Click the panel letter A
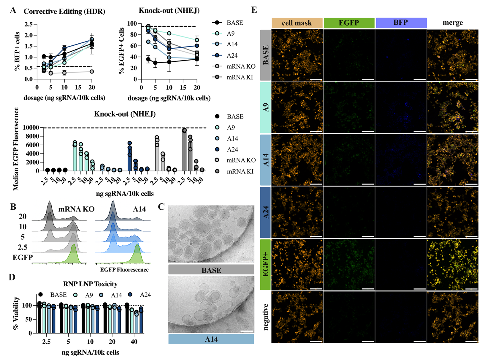pos(13,10)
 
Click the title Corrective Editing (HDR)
pos(64,11)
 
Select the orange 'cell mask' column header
pos(297,23)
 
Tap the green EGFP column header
pos(349,23)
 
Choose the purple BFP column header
pos(401,23)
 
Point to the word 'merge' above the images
pos(453,23)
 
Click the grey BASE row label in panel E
pos(266,55)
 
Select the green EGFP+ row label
pos(266,265)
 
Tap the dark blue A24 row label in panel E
pos(266,212)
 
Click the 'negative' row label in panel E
pos(266,317)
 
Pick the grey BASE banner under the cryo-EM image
pos(211,270)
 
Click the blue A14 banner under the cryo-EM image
pos(211,339)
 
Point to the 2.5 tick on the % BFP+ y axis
pos(28,24)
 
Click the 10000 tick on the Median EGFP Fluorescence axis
pos(31,128)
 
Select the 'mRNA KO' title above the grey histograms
pos(76,209)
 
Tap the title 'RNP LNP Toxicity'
pos(90,284)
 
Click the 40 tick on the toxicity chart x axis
pos(134,342)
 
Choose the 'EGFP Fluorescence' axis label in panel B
pos(124,270)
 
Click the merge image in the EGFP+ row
pos(453,265)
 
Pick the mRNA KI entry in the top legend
pos(240,77)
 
